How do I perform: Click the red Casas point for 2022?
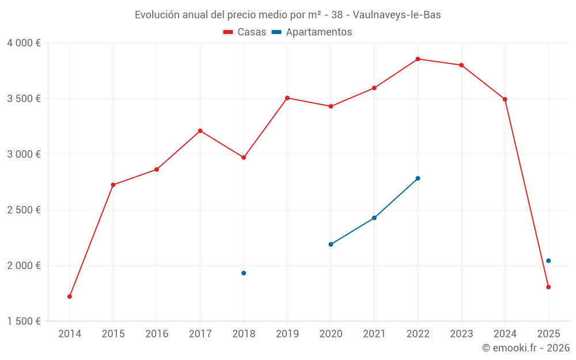coord(418,59)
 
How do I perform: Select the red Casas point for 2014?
coord(70,297)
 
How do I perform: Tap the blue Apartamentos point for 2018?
coord(244,273)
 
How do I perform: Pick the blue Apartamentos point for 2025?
coord(548,261)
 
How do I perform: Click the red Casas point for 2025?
coord(548,287)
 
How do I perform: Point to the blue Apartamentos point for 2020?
coord(331,244)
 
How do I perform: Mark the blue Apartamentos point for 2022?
coord(418,178)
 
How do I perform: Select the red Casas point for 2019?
coord(287,98)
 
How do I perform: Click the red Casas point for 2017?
coord(200,131)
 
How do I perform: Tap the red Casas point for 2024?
coord(505,99)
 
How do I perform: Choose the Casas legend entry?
coord(245,32)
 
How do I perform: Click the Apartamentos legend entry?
coord(312,32)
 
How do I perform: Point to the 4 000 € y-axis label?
coord(24,43)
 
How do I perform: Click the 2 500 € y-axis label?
coord(24,210)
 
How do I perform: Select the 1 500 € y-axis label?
coord(24,321)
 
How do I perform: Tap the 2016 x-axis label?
coord(157,334)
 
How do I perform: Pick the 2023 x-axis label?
coord(461,334)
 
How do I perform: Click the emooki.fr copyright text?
coord(525,348)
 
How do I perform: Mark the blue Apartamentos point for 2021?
coord(374,218)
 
